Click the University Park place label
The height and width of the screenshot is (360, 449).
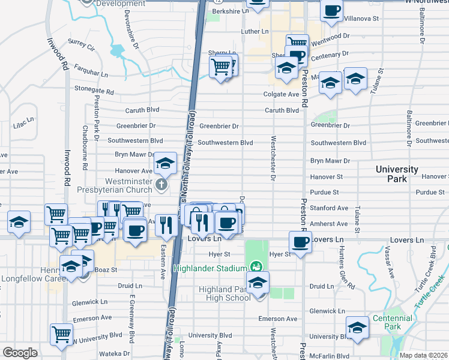pos(397,174)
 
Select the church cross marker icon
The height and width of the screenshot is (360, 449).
pos(161,184)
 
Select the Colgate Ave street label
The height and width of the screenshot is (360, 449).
pos(281,95)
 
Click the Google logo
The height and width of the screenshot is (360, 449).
pos(20,352)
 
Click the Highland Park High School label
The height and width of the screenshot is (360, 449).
pos(224,294)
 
